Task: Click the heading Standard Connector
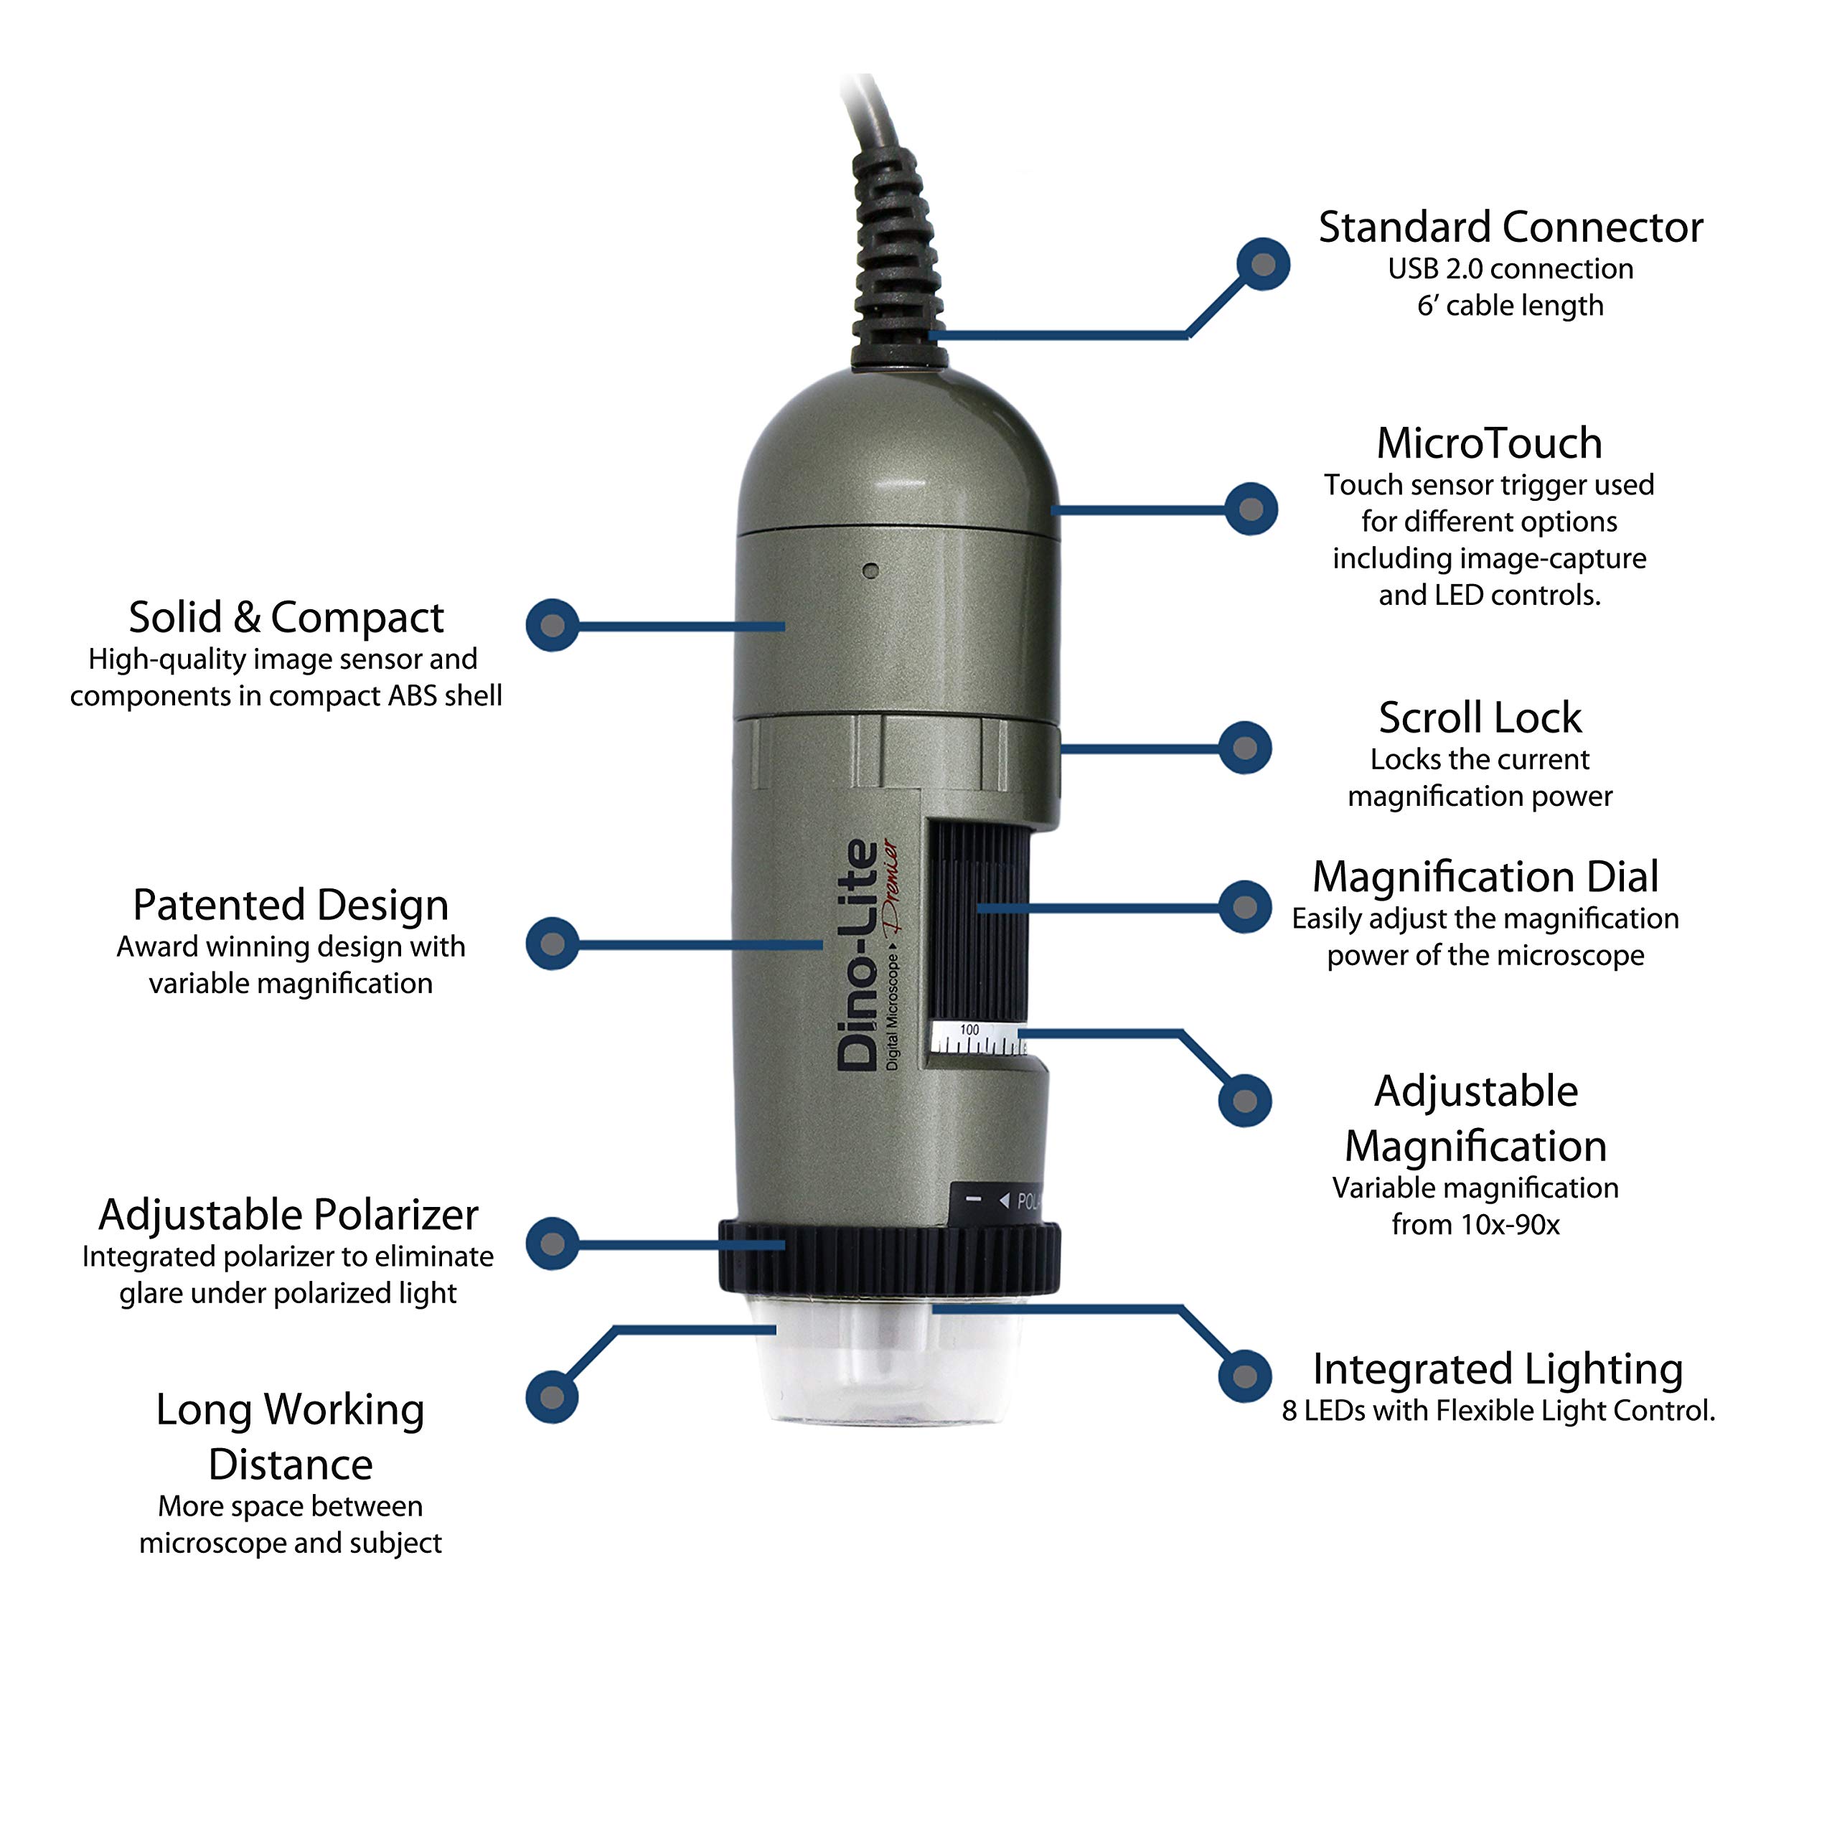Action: (x=1509, y=228)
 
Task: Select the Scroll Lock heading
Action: (x=1480, y=718)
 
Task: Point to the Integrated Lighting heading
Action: (x=1497, y=1369)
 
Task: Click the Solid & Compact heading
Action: (x=286, y=618)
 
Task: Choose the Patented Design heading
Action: (x=290, y=905)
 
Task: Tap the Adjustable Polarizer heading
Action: (x=288, y=1215)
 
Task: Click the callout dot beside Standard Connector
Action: (x=1263, y=264)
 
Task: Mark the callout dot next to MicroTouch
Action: (x=1250, y=509)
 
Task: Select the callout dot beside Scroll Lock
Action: (x=1244, y=748)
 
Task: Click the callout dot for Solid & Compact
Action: (x=553, y=626)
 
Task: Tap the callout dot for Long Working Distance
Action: (x=552, y=1397)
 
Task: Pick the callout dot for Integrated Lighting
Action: (x=1244, y=1376)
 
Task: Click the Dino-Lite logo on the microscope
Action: (x=859, y=956)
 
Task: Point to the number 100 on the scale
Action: (x=969, y=1030)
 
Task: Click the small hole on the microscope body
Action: (x=870, y=570)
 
